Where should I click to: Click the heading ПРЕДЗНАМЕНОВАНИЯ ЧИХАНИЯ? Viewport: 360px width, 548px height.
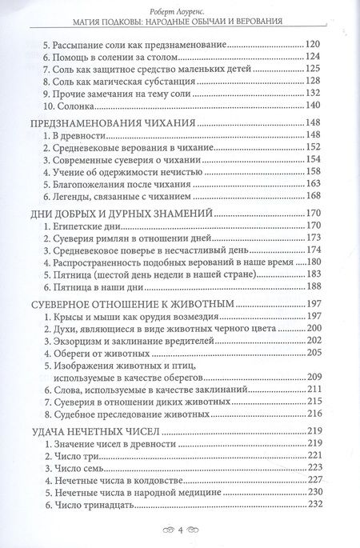tap(113, 122)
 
